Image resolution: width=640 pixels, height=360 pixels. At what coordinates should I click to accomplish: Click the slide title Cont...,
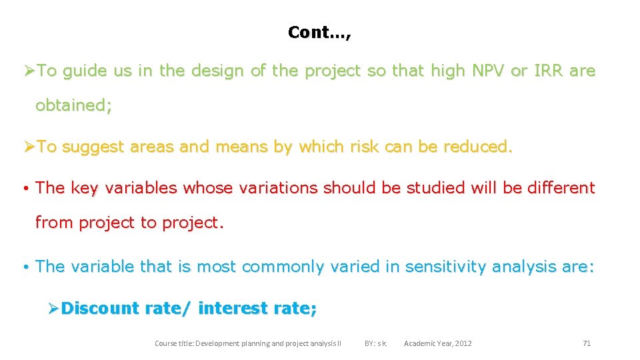point(319,32)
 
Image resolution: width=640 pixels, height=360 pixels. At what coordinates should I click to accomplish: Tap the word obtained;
point(73,105)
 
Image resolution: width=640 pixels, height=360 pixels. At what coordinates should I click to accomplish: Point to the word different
point(561,188)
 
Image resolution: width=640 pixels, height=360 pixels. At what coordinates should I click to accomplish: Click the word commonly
point(287,267)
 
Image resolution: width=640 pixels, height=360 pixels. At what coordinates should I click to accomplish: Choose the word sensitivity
point(446,267)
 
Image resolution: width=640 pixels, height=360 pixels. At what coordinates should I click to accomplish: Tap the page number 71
point(587,343)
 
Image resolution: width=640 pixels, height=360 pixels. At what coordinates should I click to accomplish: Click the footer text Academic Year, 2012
point(437,343)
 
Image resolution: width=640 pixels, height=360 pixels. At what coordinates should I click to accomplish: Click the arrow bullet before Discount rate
point(54,309)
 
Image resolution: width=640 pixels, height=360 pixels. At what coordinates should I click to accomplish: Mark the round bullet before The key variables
point(23,189)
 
